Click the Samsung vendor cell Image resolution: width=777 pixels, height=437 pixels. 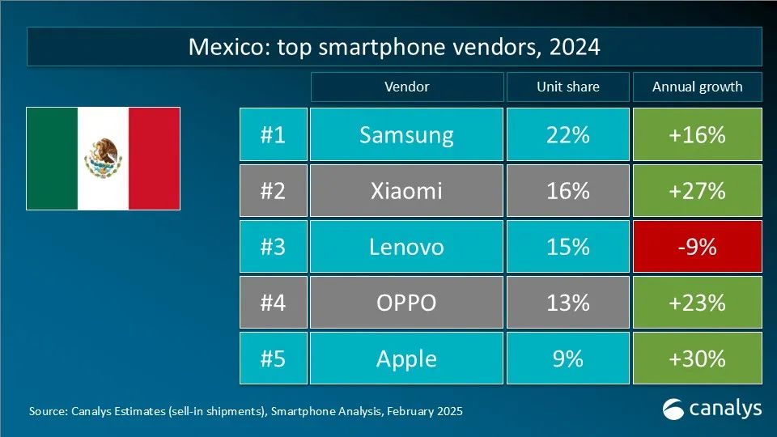(x=406, y=134)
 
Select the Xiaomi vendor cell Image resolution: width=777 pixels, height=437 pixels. (x=406, y=190)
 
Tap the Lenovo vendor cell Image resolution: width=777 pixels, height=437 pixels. (x=406, y=246)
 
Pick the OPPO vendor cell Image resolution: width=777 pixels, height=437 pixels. (x=406, y=302)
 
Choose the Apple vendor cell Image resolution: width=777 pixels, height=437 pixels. (x=406, y=358)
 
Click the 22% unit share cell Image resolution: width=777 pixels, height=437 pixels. (x=567, y=134)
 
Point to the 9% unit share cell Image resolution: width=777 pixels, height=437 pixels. (x=567, y=358)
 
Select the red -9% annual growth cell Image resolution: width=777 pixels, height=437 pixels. (x=697, y=246)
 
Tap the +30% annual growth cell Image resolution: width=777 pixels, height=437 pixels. (x=697, y=358)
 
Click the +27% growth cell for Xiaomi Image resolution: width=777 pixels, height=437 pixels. (x=697, y=190)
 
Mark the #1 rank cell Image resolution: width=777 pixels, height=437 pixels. (x=274, y=134)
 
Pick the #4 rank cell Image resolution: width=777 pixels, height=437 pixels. (x=274, y=302)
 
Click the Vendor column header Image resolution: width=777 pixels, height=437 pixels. (x=406, y=87)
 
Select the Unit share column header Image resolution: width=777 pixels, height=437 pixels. (x=567, y=87)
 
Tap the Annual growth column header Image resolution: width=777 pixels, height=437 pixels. (x=697, y=87)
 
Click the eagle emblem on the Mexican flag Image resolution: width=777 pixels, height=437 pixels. (x=104, y=158)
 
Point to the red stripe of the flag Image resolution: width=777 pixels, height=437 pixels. (x=155, y=158)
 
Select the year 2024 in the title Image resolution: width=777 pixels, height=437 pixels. (x=574, y=47)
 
